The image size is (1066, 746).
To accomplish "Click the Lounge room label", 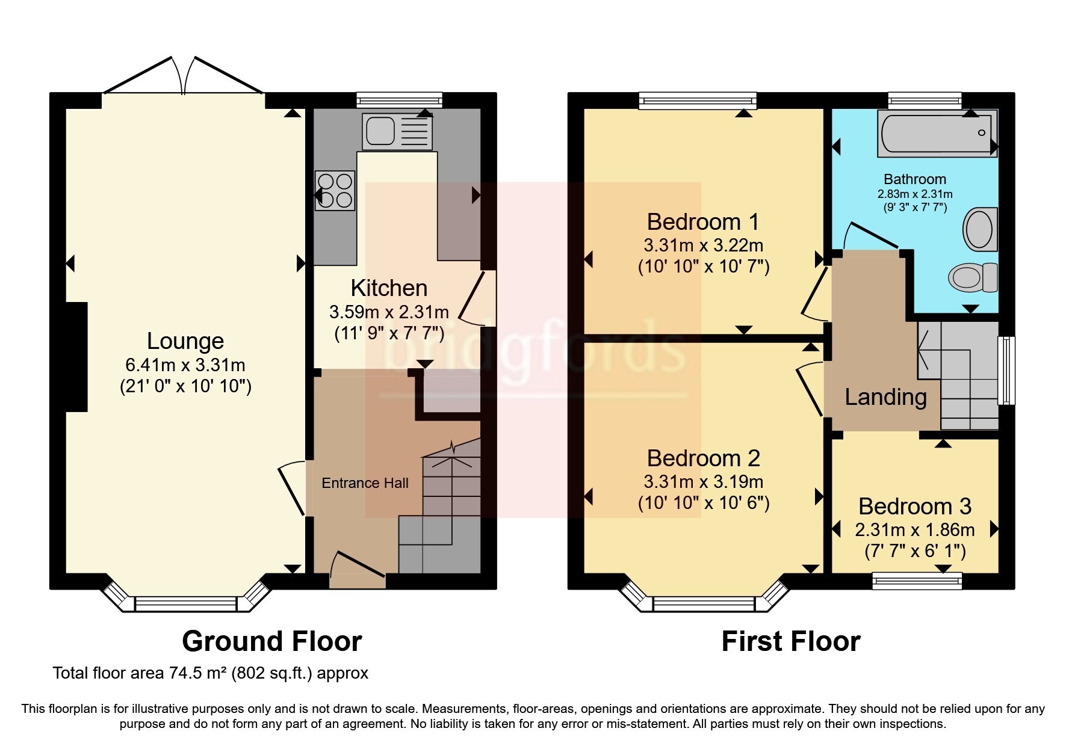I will pos(185,341).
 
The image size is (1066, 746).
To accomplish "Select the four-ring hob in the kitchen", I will pos(335,190).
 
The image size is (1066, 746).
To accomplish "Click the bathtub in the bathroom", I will pos(936,134).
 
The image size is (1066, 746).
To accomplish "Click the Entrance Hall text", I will pos(365,483).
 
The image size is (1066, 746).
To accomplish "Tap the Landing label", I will pos(885,397).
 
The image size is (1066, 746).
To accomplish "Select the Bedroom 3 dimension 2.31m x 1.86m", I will pos(914,530).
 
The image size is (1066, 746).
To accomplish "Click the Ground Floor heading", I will pos(271,641).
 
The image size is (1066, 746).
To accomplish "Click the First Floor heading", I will pos(790,641).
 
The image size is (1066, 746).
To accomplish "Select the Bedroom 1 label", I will pos(702,222).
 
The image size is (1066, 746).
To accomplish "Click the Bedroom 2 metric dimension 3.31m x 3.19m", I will pos(703,482).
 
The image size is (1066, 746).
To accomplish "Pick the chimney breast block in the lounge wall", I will pos(76,357).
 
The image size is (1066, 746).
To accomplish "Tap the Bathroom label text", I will pos(914,179).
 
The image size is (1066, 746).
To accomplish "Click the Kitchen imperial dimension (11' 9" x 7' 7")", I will pos(389,333).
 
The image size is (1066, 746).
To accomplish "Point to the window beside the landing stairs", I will pos(1006,370).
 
